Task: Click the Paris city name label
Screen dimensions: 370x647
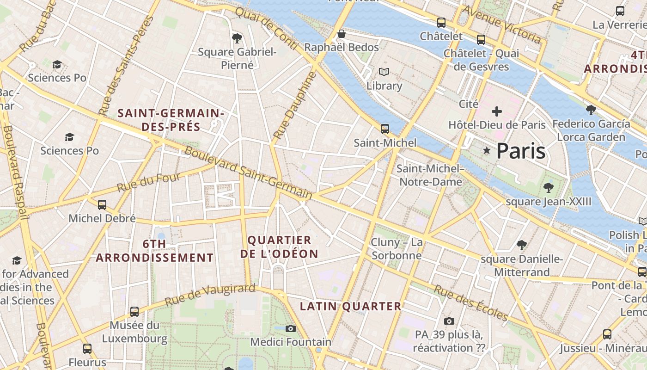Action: (521, 151)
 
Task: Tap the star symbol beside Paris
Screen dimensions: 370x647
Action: (486, 150)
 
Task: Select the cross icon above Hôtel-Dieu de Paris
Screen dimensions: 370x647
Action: (497, 111)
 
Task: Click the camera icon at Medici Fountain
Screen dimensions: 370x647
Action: (291, 328)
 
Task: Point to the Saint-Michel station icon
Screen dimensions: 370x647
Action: (385, 129)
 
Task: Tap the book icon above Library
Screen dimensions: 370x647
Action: (384, 72)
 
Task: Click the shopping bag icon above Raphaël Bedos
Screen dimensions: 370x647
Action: (342, 34)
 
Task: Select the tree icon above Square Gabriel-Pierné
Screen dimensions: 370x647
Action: (237, 38)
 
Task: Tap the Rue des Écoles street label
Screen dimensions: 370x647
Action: (471, 303)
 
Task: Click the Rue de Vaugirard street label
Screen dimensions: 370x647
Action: (210, 294)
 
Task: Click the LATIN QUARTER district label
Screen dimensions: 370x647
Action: (351, 306)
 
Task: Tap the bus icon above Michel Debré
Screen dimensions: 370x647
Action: (102, 204)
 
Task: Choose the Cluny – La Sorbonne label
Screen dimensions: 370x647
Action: (397, 249)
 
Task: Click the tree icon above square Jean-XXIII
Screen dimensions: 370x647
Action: (549, 187)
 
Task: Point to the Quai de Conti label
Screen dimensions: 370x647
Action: (266, 29)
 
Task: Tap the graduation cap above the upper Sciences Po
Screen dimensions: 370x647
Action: (57, 64)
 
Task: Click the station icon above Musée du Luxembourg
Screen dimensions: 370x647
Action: (134, 312)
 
